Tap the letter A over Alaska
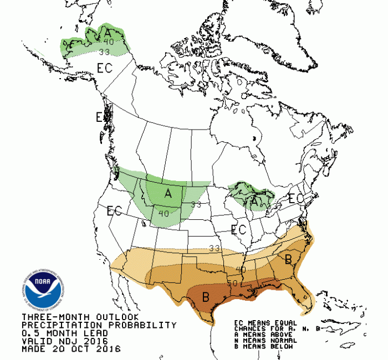pyautogui.click(x=107, y=33)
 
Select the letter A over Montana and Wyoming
pyautogui.click(x=168, y=193)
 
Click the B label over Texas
pyautogui.click(x=205, y=297)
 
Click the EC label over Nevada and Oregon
pyautogui.click(x=115, y=210)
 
